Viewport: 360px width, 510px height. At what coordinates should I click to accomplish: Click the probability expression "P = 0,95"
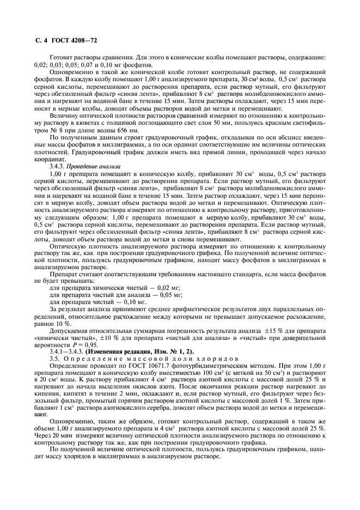(x=71, y=344)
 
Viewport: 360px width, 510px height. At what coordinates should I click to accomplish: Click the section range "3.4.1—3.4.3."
(x=64, y=351)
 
